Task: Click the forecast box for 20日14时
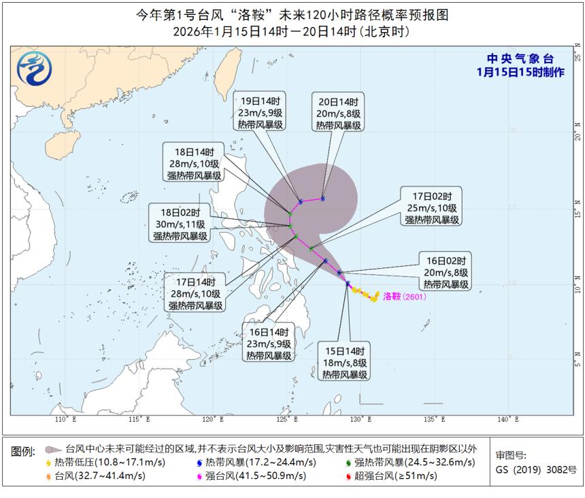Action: (x=338, y=112)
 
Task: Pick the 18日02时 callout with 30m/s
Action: (x=181, y=225)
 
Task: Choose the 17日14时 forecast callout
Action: (x=195, y=294)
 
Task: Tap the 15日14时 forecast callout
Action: (x=345, y=363)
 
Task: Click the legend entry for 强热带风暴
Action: (x=405, y=462)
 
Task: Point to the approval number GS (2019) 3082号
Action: (x=535, y=469)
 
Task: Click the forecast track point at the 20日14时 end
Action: (x=323, y=199)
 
